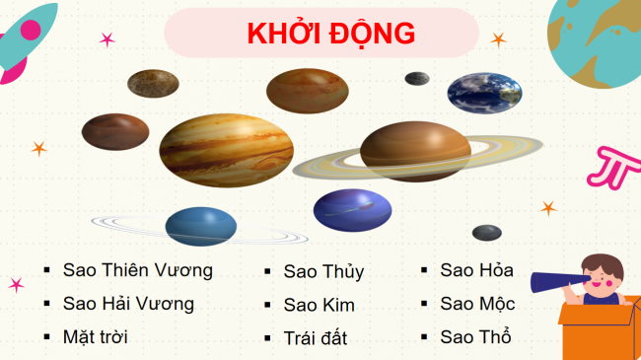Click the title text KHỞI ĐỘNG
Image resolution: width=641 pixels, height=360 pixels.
click(330, 33)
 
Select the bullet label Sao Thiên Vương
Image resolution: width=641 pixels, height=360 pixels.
click(137, 269)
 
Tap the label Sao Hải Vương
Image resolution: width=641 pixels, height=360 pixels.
click(128, 303)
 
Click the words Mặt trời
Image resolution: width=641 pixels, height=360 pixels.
click(95, 336)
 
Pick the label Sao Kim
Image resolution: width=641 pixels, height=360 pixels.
click(319, 305)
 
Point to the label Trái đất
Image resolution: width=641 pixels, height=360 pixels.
click(315, 338)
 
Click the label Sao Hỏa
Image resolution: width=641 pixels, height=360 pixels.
click(476, 270)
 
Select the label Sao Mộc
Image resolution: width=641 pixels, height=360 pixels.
click(477, 304)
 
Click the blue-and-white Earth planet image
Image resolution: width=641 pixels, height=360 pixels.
click(484, 91)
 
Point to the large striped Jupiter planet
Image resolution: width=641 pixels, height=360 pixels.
click(227, 150)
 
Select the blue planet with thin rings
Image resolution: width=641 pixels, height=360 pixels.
click(201, 226)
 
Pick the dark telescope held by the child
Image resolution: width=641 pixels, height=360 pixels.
click(556, 281)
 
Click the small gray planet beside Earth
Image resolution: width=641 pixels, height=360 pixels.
click(416, 79)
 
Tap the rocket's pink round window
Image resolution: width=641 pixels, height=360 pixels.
click(31, 31)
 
